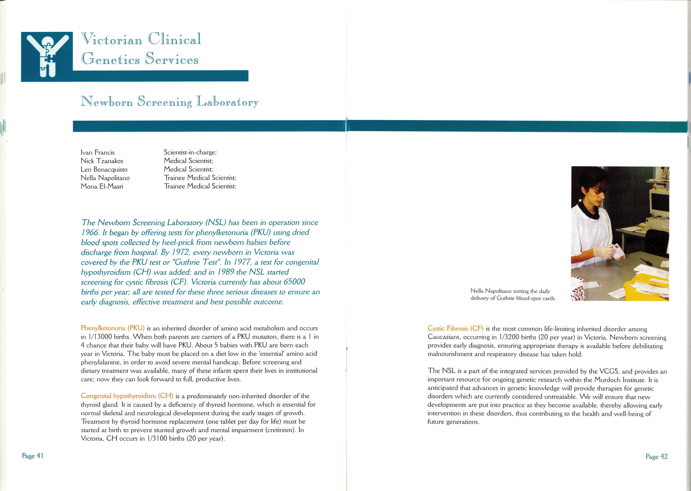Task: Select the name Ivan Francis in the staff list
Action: point(97,152)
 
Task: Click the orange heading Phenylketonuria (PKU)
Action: point(112,328)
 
